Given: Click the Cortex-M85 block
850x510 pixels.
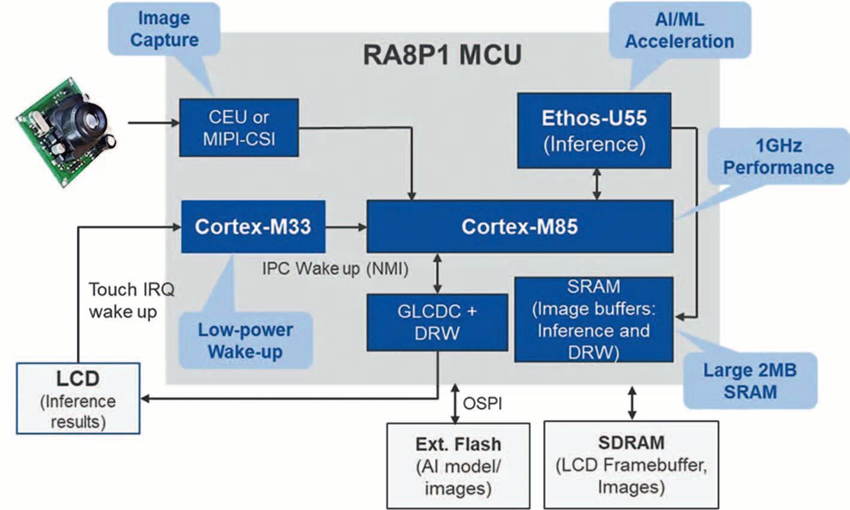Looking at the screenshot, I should [519, 226].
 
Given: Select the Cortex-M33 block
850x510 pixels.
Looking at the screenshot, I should [253, 226].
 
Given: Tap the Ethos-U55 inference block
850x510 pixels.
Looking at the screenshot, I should [594, 130].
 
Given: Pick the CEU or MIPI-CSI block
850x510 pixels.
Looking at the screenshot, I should [239, 127].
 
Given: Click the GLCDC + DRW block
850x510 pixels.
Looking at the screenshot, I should [437, 322].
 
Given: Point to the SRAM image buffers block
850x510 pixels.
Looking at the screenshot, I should [593, 319].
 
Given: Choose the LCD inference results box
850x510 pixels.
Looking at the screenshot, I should [78, 398].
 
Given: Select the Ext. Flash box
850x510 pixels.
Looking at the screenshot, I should [458, 466].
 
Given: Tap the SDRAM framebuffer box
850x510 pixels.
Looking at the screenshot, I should [631, 464].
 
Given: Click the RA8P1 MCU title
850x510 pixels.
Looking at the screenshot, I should [442, 55].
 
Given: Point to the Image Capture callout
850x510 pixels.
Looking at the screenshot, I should [164, 29].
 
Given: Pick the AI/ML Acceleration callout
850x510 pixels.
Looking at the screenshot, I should [680, 30].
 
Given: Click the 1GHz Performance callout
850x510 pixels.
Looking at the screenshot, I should [778, 156].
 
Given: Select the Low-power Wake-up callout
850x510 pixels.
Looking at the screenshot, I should [245, 340].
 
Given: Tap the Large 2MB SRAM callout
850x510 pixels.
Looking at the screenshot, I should [750, 380].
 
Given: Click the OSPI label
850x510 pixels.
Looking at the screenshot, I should [482, 403].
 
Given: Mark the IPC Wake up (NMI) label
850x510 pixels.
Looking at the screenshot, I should [335, 268].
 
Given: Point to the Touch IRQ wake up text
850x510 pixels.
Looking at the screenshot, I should [131, 300].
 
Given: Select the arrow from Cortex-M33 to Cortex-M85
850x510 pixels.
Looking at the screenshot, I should [346, 227].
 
